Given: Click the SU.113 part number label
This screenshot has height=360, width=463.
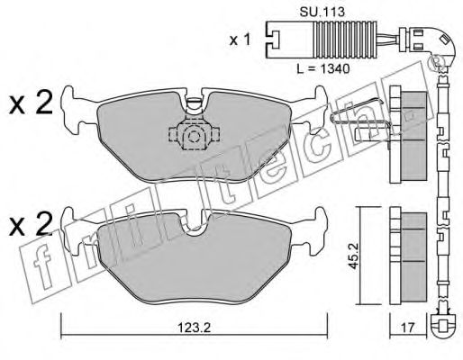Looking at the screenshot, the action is [x=322, y=12].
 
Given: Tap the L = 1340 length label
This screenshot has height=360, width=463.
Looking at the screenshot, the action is [x=323, y=69].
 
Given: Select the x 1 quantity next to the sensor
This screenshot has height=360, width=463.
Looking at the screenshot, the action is [x=240, y=40].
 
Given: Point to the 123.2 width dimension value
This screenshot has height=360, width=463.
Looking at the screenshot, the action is [x=194, y=328].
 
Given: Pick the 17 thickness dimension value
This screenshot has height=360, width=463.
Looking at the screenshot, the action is [x=407, y=328].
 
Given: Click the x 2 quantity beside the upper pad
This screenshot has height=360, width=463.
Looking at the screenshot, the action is [x=31, y=103].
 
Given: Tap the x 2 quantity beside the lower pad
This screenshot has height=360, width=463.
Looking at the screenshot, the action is [x=31, y=224].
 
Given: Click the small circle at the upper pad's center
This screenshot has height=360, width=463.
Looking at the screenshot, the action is [x=194, y=137].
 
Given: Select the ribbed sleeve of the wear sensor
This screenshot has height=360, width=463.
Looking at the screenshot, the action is [x=345, y=40].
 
